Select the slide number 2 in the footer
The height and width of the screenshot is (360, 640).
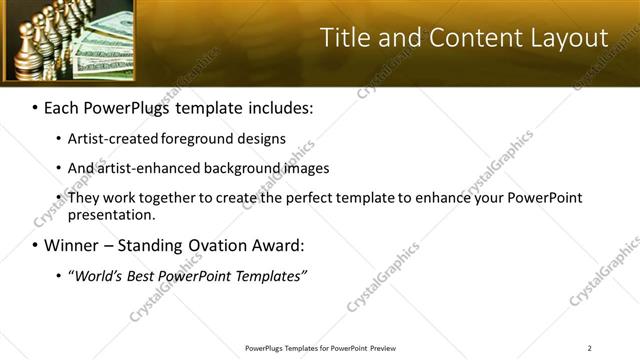point(589,347)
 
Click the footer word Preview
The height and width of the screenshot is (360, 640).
point(380,347)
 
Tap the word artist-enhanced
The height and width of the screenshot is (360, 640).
point(135,168)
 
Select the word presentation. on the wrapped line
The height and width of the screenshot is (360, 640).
point(112,214)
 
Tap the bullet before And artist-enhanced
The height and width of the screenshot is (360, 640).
point(59,168)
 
